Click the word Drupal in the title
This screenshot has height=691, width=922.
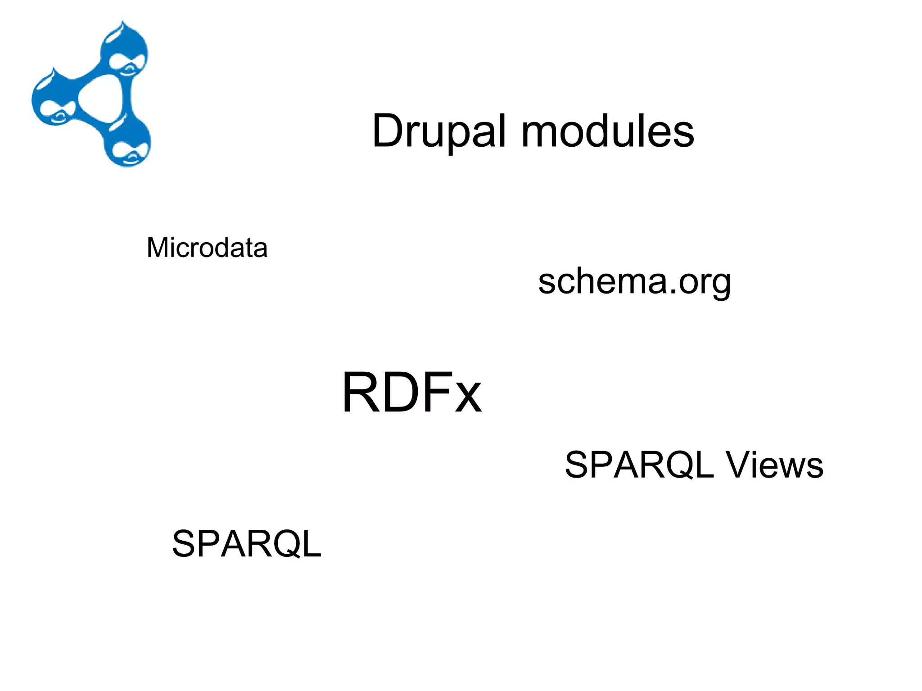click(x=439, y=131)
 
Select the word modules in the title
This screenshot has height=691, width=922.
click(x=608, y=131)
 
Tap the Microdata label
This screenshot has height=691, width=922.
click(x=207, y=248)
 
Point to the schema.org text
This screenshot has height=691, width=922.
click(x=634, y=282)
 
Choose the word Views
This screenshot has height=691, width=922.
click(x=774, y=465)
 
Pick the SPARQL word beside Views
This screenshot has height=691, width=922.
click(x=639, y=465)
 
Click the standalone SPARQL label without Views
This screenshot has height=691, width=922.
click(x=247, y=544)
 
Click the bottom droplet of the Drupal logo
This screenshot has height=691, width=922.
click(x=128, y=144)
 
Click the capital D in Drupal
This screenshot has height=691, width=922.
click(x=388, y=131)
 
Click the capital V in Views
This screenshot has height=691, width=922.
click(x=738, y=465)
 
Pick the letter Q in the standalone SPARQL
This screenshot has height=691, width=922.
click(x=288, y=544)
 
